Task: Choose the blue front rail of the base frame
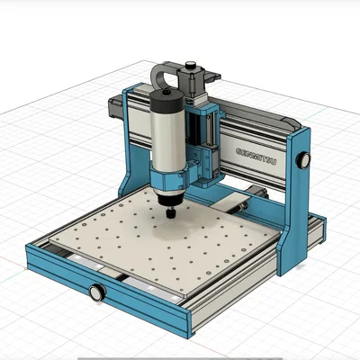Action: pos(135,301)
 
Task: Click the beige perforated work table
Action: pos(162,243)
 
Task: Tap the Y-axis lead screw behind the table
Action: pos(243,204)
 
